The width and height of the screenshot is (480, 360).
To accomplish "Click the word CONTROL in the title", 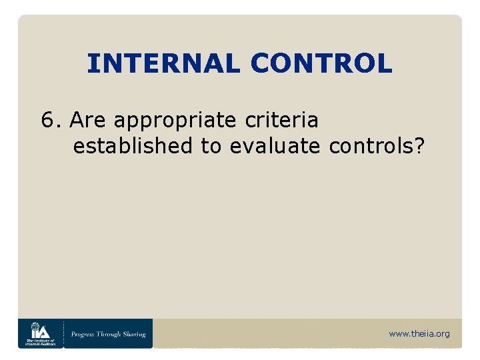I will point(321,64).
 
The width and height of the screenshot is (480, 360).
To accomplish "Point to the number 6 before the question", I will point(48,121).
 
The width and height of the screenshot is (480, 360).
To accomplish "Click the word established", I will point(133,146).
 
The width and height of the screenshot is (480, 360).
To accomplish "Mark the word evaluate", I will point(275,146).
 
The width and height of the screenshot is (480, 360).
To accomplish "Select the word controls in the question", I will point(371,146).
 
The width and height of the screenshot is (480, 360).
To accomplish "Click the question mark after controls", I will point(419,146).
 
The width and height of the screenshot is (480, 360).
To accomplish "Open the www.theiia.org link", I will point(419,333).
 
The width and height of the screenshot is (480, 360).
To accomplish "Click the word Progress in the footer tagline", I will point(85,334).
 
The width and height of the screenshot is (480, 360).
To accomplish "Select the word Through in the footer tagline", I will point(111,334).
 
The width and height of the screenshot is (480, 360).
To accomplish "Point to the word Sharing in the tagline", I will point(135,334).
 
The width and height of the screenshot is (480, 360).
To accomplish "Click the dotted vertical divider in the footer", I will point(64,333).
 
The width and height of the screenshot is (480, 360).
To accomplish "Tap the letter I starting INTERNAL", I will point(92,64).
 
